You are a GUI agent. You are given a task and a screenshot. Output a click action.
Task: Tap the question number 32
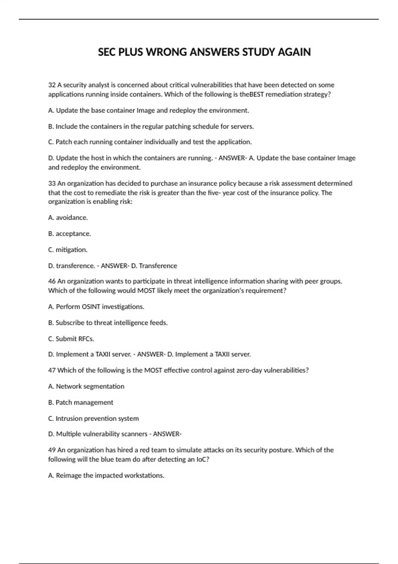pos(52,85)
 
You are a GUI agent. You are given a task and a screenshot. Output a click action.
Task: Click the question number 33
pos(52,183)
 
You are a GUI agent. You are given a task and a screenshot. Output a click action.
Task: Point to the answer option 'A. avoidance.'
pos(68,218)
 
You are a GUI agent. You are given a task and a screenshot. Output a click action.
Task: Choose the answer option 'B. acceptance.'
pos(69,234)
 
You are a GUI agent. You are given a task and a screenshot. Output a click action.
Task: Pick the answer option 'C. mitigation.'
pos(68,250)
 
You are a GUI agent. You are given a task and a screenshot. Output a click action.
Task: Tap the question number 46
pos(52,281)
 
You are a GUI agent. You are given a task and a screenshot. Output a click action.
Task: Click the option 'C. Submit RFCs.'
pos(71,339)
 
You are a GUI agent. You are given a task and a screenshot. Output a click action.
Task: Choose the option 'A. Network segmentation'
pos(86,387)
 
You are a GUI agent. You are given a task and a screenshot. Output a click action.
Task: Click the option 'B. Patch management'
pos(81,402)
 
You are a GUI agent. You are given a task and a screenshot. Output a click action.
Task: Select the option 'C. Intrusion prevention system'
pos(94,419)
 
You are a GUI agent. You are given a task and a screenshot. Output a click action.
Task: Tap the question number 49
pos(52,450)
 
